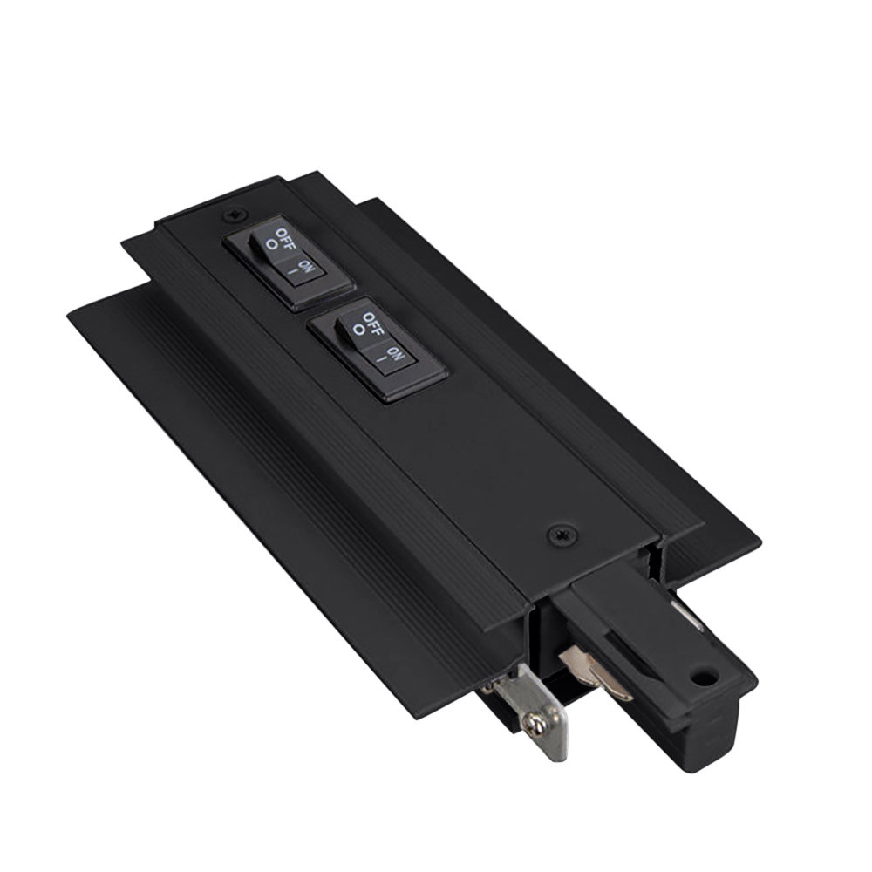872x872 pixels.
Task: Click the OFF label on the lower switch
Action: click(x=370, y=324)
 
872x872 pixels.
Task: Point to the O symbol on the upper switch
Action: click(x=272, y=247)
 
